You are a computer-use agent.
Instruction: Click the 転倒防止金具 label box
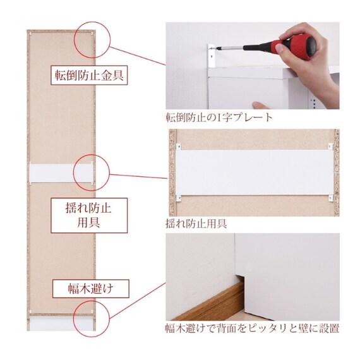pyautogui.click(x=89, y=75)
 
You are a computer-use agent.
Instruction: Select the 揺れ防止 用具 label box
pyautogui.click(x=89, y=215)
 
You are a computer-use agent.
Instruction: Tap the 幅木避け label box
pyautogui.click(x=91, y=289)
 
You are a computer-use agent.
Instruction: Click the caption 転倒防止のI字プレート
pyautogui.click(x=219, y=117)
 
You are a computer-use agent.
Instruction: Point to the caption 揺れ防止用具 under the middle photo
pyautogui.click(x=196, y=224)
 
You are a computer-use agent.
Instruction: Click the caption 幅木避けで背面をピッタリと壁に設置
pyautogui.click(x=253, y=328)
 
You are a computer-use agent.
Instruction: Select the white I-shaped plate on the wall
pyautogui.click(x=211, y=56)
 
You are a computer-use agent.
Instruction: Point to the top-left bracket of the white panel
pyautogui.click(x=178, y=147)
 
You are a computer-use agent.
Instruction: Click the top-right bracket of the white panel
pyautogui.click(x=330, y=147)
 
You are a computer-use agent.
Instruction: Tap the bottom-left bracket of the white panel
pyautogui.click(x=178, y=198)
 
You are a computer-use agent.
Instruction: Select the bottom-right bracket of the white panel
pyautogui.click(x=330, y=198)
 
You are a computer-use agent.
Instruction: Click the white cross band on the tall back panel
pyautogui.click(x=61, y=173)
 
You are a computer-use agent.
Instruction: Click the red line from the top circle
pyautogui.click(x=137, y=56)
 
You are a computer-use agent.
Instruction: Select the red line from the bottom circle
pyautogui.click(x=137, y=301)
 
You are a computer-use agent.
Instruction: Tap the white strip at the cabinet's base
pyautogui.click(x=61, y=324)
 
